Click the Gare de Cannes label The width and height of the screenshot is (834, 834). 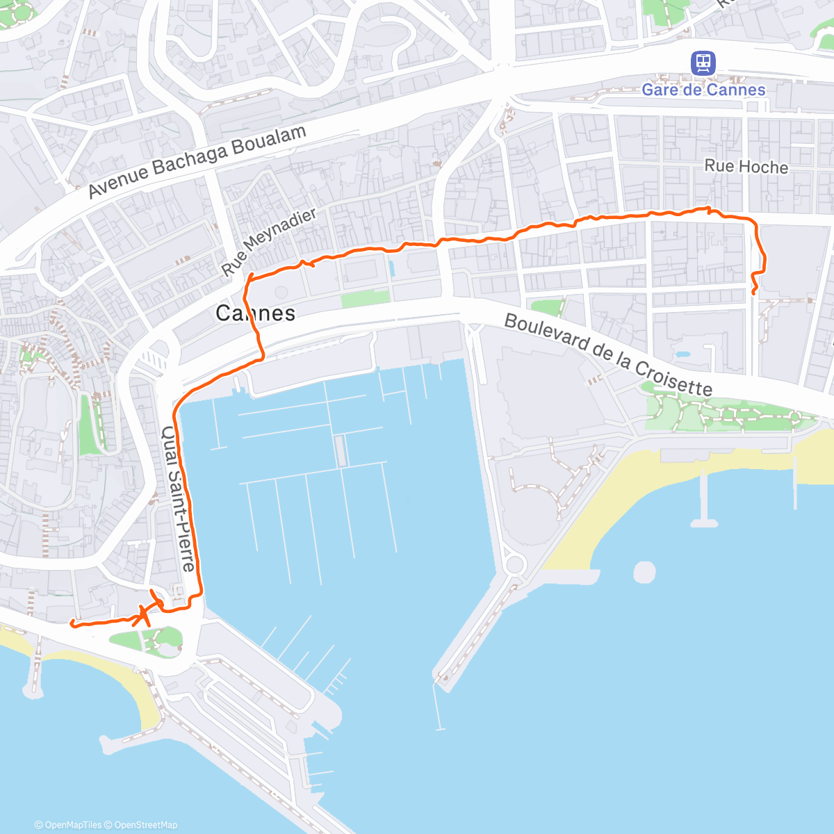703,90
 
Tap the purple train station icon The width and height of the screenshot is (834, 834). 703,64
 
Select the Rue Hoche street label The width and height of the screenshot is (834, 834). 746,166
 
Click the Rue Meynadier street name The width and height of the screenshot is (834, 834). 268,241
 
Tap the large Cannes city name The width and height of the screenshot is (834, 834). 255,313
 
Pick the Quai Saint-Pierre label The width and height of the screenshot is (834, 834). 179,498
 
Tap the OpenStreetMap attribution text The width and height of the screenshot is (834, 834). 145,825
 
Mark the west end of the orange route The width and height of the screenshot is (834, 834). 72,623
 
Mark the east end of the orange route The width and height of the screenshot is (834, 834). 754,293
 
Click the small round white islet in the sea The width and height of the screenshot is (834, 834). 644,572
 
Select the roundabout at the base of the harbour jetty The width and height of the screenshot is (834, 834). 514,564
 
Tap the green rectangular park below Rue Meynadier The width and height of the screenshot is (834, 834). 365,298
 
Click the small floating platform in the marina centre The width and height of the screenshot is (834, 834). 339,451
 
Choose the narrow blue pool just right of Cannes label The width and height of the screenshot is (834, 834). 391,268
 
